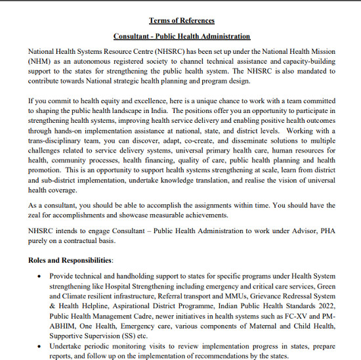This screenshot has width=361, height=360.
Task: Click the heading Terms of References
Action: (182, 21)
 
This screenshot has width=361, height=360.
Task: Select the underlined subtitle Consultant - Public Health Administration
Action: (182, 36)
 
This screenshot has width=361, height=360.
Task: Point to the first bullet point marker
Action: (41, 277)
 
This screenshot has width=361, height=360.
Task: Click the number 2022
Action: (324, 307)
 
